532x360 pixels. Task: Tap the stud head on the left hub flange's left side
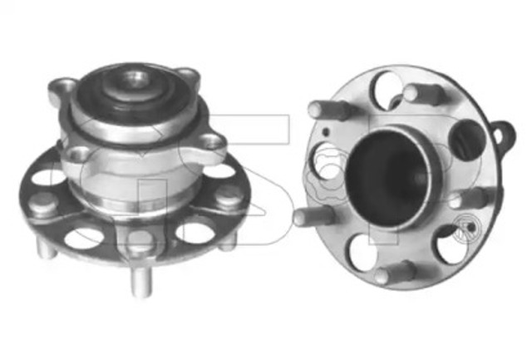tap(42, 202)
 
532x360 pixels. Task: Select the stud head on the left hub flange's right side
tap(228, 198)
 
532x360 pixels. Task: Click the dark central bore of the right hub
tap(390, 170)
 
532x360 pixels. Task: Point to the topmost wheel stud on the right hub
tap(421, 92)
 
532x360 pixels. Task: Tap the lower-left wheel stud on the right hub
tap(316, 215)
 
